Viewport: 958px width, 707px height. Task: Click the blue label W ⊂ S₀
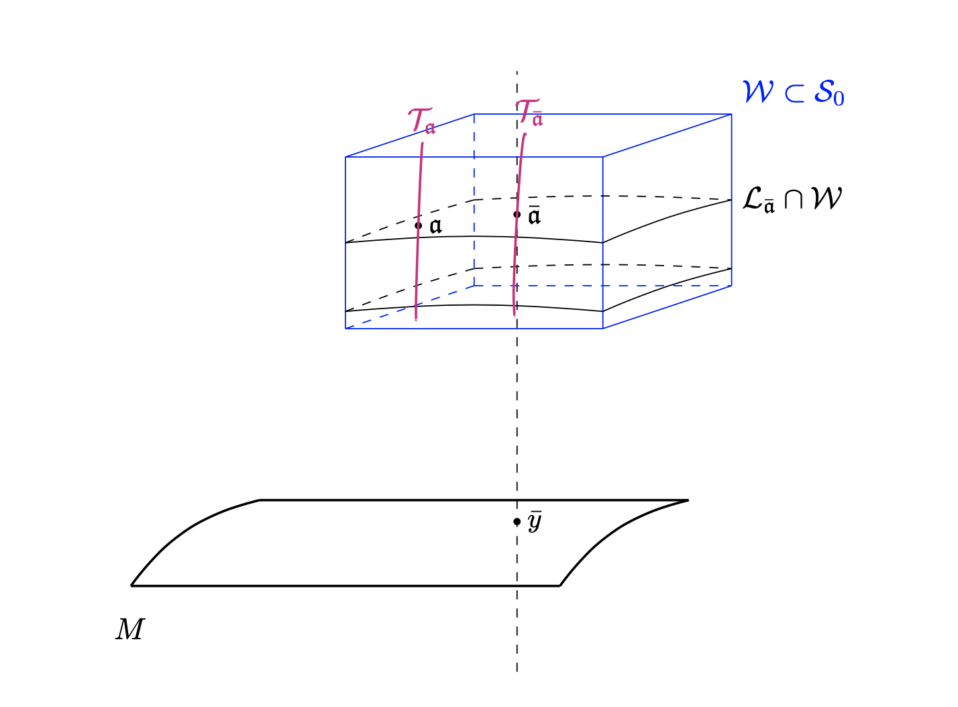click(792, 93)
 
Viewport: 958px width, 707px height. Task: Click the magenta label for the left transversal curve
click(421, 121)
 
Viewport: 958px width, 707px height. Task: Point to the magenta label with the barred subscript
click(529, 113)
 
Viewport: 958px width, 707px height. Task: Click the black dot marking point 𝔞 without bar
click(419, 225)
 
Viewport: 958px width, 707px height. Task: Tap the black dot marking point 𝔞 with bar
click(517, 215)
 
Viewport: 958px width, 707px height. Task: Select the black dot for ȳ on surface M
click(517, 521)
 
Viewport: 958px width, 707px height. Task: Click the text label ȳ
click(534, 522)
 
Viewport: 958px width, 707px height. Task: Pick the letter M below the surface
click(129, 630)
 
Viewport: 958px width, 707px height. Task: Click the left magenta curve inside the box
click(419, 268)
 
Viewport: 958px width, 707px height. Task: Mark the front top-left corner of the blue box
click(345, 157)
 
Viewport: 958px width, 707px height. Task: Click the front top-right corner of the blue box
click(602, 157)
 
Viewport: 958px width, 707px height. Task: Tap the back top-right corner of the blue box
click(731, 114)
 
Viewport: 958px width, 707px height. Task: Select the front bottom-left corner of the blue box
click(345, 328)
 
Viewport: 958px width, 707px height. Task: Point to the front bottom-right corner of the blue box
click(602, 328)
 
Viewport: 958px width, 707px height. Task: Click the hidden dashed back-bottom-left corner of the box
click(474, 286)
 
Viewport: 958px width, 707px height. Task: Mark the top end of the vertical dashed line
click(517, 71)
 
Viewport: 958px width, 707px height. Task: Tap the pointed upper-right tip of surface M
click(688, 500)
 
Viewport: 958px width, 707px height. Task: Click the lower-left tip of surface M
click(131, 586)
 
